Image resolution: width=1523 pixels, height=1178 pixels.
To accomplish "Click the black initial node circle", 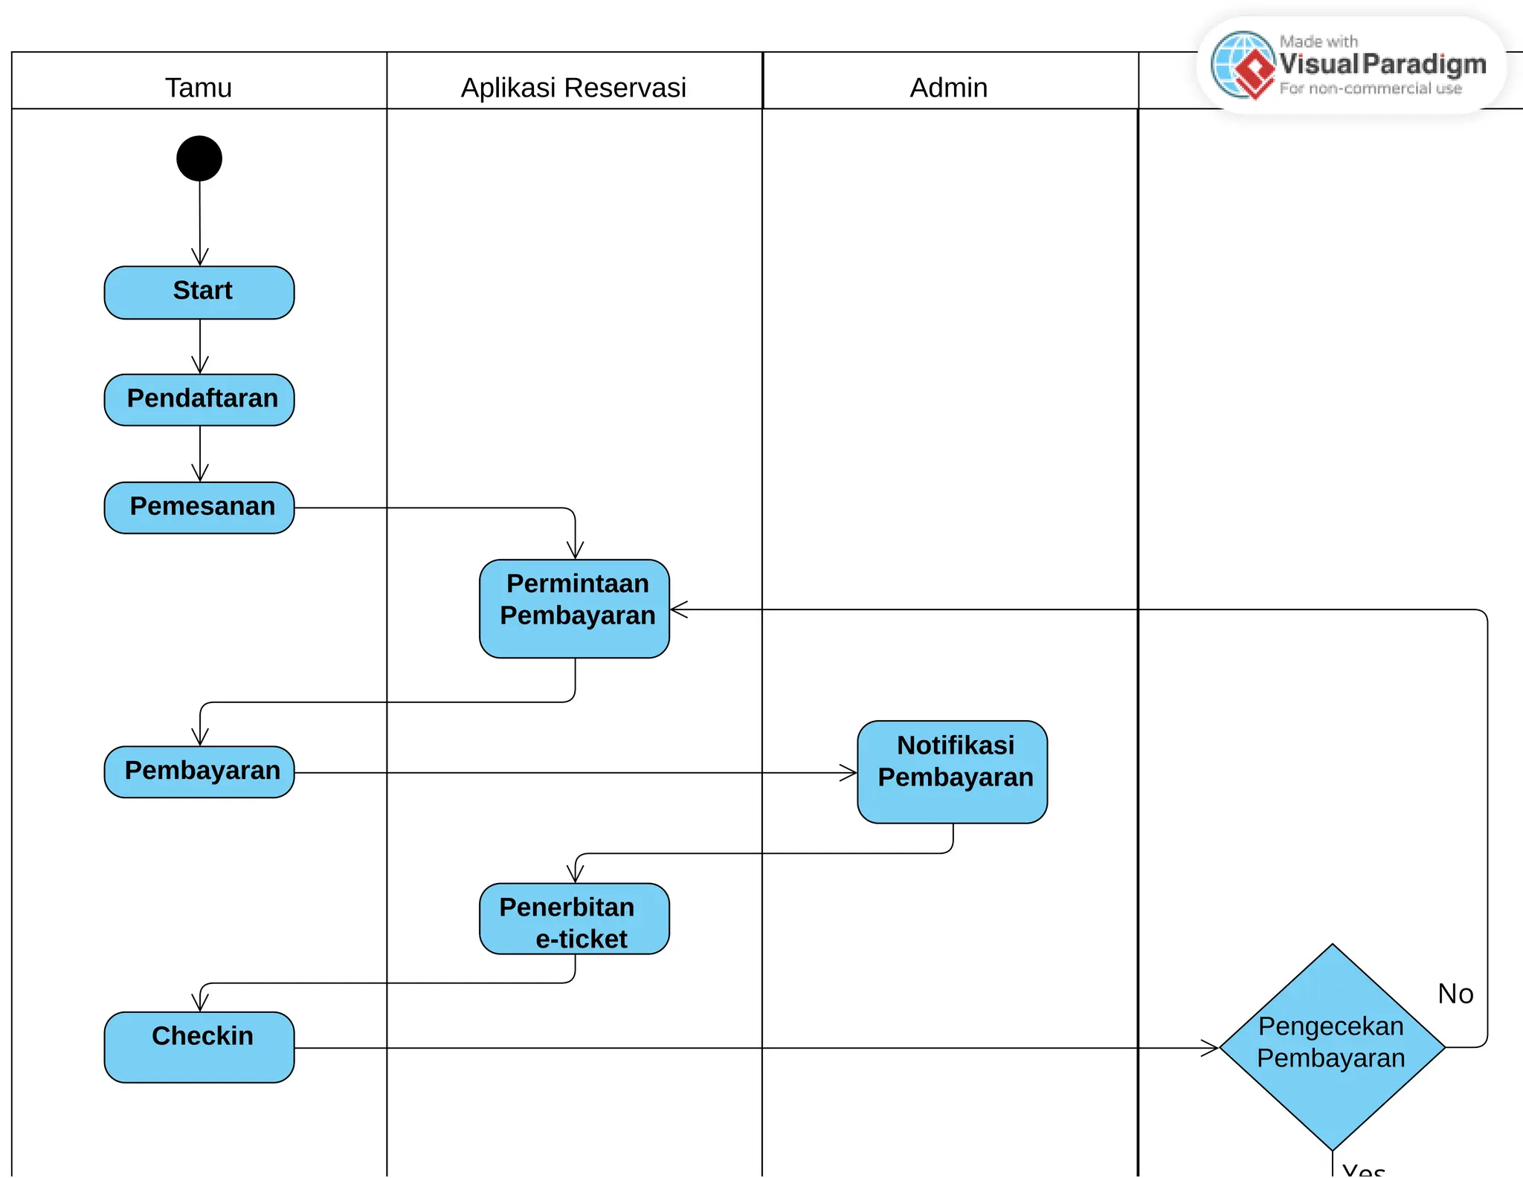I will pos(199,158).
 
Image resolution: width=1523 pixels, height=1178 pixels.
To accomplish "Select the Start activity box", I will pos(199,292).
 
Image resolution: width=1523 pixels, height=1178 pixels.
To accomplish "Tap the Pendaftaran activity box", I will pos(199,400).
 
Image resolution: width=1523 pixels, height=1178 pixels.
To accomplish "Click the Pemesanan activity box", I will pos(199,508).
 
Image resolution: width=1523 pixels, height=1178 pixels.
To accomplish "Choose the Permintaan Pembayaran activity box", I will pos(574,608).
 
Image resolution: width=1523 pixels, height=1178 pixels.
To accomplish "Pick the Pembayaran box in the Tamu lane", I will pos(199,771).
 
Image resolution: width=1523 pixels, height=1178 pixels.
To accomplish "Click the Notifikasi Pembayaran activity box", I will pos(952,771).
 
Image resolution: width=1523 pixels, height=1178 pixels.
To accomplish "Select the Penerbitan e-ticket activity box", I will pos(574,919).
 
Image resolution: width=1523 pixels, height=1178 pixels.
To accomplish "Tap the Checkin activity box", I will pos(199,1046).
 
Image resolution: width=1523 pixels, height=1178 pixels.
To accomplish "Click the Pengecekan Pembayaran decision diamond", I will pos(1332,1046).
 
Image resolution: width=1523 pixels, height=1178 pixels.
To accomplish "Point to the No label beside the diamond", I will pos(1455,994).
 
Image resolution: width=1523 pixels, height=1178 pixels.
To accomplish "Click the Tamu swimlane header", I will pos(199,88).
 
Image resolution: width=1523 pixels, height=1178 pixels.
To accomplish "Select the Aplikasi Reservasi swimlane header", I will pos(573,88).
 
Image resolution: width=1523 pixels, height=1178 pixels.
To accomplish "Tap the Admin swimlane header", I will pos(949,88).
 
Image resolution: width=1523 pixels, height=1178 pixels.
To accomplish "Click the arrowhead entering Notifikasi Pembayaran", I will pos(849,773).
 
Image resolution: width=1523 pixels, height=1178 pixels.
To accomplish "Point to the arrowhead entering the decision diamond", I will pos(1211,1048).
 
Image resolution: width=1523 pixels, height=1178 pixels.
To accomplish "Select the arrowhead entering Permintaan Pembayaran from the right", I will pos(678,609).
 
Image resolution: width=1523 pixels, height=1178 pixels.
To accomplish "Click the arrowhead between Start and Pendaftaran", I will pos(200,365).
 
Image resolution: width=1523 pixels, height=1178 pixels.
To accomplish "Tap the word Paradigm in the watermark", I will pos(1424,65).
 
